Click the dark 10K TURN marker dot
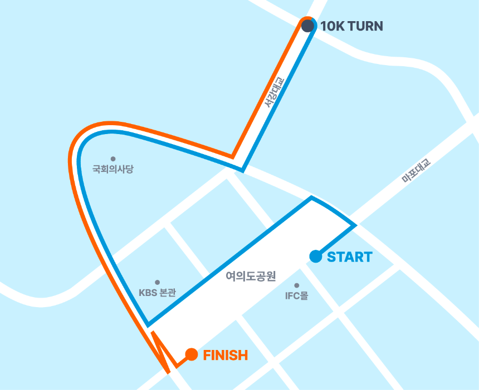(x=308, y=26)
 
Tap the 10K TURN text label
(x=351, y=26)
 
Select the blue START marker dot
(x=316, y=256)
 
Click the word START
(x=349, y=257)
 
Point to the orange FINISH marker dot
(x=191, y=354)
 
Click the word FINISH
(x=225, y=355)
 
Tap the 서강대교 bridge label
(x=274, y=91)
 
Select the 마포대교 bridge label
(x=416, y=170)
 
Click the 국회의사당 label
(x=113, y=169)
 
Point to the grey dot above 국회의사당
(x=113, y=159)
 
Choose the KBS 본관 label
(x=157, y=293)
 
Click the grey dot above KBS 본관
(x=157, y=283)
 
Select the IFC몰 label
(x=296, y=296)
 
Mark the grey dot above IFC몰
(x=296, y=285)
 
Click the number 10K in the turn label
(x=333, y=26)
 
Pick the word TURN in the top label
(x=365, y=26)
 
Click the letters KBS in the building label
(x=148, y=293)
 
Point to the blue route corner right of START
(x=355, y=225)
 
